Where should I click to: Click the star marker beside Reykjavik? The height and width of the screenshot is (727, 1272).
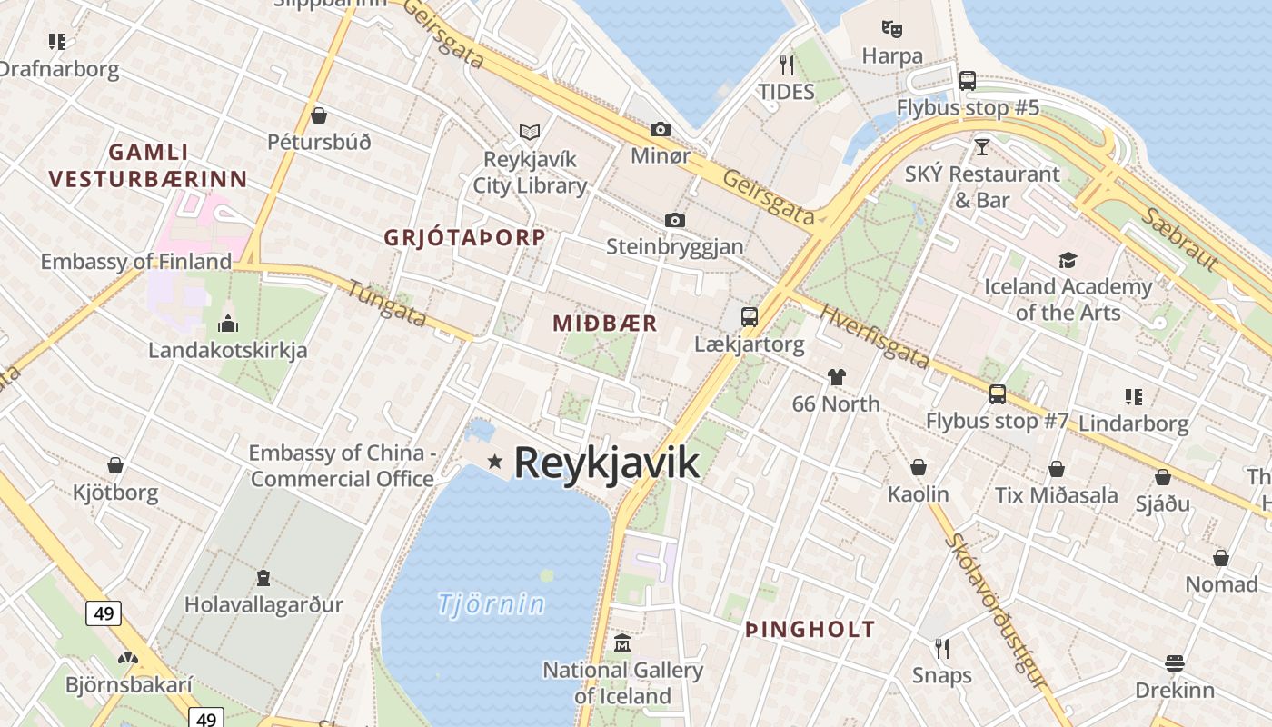pyautogui.click(x=495, y=462)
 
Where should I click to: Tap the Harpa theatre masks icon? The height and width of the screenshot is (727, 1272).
pyautogui.click(x=892, y=29)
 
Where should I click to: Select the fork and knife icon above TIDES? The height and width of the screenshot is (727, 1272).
pyautogui.click(x=787, y=65)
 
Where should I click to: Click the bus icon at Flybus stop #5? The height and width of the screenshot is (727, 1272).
pyautogui.click(x=968, y=81)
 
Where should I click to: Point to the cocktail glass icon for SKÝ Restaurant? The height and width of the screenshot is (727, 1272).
pyautogui.click(x=981, y=146)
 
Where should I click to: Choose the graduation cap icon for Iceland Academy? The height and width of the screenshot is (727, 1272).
pyautogui.click(x=1068, y=261)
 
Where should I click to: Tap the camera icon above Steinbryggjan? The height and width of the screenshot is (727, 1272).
pyautogui.click(x=674, y=220)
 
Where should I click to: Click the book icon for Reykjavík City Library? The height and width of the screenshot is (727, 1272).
pyautogui.click(x=530, y=133)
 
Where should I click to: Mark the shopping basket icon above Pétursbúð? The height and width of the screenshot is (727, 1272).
pyautogui.click(x=319, y=115)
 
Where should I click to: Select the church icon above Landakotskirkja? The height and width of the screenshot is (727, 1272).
pyautogui.click(x=227, y=323)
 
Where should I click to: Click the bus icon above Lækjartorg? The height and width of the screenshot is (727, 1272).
pyautogui.click(x=750, y=317)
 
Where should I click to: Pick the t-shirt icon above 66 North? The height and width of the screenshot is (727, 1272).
pyautogui.click(x=836, y=377)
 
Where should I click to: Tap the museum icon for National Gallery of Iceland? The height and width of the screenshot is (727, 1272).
pyautogui.click(x=622, y=643)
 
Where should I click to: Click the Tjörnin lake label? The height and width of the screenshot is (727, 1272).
pyautogui.click(x=492, y=604)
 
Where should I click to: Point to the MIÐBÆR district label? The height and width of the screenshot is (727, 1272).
pyautogui.click(x=604, y=324)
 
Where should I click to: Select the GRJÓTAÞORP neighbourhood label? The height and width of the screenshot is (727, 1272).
pyautogui.click(x=464, y=238)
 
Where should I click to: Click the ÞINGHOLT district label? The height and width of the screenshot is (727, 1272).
pyautogui.click(x=810, y=629)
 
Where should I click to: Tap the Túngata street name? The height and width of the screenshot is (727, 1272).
pyautogui.click(x=387, y=303)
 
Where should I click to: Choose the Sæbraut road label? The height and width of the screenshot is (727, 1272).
pyautogui.click(x=1179, y=240)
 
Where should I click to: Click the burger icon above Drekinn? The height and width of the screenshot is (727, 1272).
pyautogui.click(x=1175, y=663)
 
